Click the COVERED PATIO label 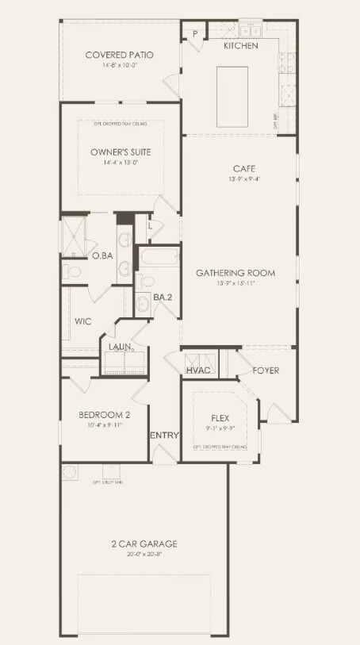[x=119, y=55]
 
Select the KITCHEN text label [x=240, y=46]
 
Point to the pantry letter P [x=194, y=34]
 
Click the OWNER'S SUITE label [x=121, y=152]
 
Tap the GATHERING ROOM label [x=236, y=273]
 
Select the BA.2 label [x=163, y=297]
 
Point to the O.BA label [x=101, y=256]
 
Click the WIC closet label [x=84, y=321]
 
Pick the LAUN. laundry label [x=121, y=347]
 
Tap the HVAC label [x=198, y=370]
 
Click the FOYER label [x=266, y=370]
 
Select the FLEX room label [x=220, y=417]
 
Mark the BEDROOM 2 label [x=104, y=415]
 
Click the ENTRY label [x=165, y=435]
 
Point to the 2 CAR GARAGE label [x=144, y=543]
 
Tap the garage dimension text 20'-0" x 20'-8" [x=144, y=555]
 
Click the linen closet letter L [x=149, y=226]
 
